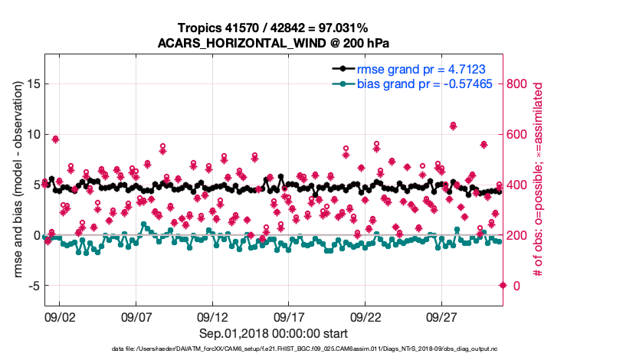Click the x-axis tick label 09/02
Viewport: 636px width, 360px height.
pyautogui.click(x=60, y=317)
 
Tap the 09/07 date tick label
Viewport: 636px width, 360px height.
pyautogui.click(x=136, y=317)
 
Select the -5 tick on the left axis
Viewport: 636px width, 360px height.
pyautogui.click(x=31, y=286)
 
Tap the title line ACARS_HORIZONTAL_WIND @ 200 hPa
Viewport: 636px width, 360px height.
pyautogui.click(x=274, y=42)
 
